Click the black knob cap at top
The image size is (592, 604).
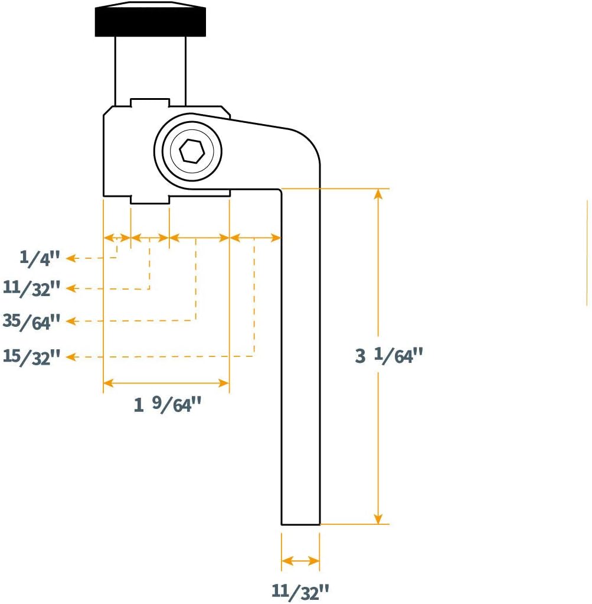tap(151, 20)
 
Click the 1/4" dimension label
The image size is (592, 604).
tap(40, 258)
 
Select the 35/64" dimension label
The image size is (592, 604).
tap(31, 322)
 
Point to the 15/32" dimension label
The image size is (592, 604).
tap(31, 357)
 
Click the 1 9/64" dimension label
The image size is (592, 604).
tap(167, 404)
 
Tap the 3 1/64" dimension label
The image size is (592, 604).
tap(389, 356)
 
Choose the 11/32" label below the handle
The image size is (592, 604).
tap(300, 592)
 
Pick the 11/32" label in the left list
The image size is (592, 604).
tap(31, 288)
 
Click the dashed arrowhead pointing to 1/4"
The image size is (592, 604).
tap(70, 258)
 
